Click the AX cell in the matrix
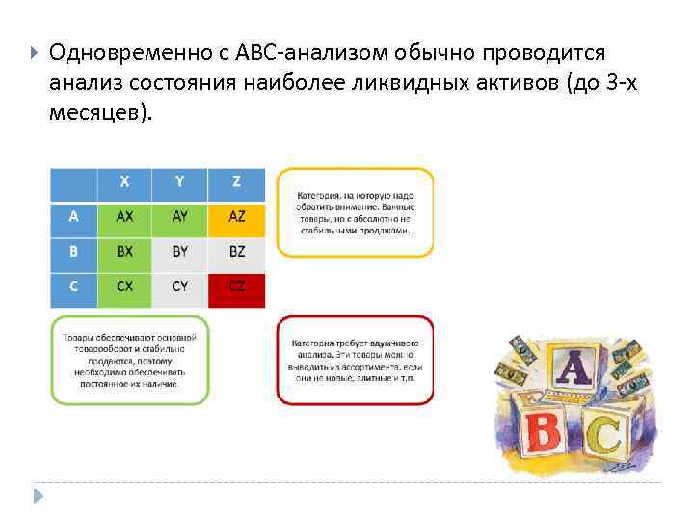click(125, 217)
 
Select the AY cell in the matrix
click(180, 217)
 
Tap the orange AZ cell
click(236, 217)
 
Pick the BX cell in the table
click(125, 252)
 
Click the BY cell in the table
click(180, 252)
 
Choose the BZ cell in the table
click(236, 252)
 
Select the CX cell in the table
click(125, 288)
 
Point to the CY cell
click(180, 288)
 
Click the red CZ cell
click(236, 288)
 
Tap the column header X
click(125, 182)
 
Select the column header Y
click(180, 182)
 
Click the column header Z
click(236, 182)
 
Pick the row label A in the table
click(74, 217)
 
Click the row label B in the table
click(74, 252)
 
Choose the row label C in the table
click(74, 288)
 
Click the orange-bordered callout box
click(355, 212)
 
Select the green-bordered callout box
click(129, 360)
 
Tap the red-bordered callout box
click(355, 360)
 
